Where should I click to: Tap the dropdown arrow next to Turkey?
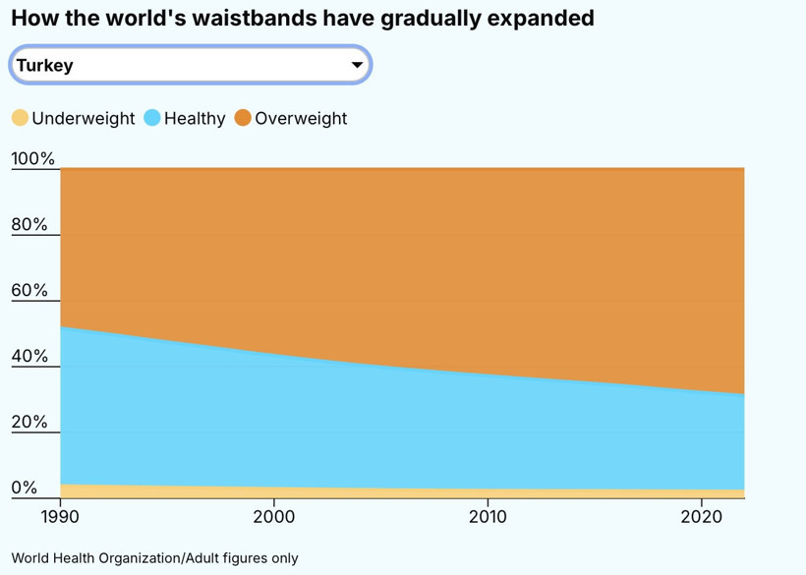[357, 66]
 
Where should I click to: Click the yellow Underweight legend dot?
[21, 118]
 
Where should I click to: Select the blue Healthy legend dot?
[152, 118]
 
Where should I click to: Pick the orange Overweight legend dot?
[243, 118]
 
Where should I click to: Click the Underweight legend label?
[84, 118]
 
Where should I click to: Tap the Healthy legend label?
[195, 118]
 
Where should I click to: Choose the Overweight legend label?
[301, 118]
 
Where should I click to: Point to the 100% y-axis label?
[33, 159]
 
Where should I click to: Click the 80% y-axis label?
[29, 224]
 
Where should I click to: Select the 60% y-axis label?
[29, 290]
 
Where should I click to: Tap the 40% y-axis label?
[29, 356]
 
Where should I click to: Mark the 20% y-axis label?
[29, 422]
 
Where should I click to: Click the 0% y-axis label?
[25, 488]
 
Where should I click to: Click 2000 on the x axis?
[274, 516]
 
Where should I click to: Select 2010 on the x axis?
[488, 516]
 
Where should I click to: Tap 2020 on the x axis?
[702, 516]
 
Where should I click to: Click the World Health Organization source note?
[154, 557]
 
